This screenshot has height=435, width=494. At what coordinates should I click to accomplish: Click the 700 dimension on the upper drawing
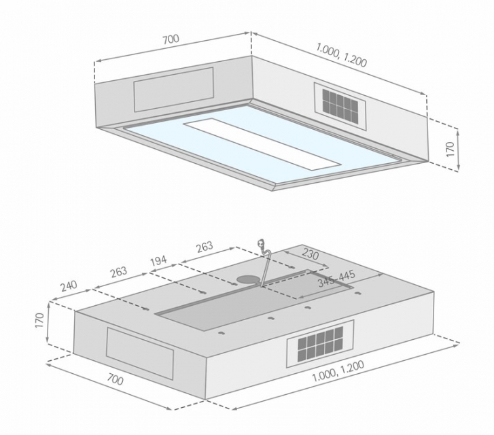coord(171,39)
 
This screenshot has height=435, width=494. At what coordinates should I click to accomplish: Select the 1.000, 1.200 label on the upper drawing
coord(342,55)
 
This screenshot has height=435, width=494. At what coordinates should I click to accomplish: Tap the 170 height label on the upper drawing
coord(451,149)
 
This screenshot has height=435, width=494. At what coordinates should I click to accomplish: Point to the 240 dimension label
coord(69,286)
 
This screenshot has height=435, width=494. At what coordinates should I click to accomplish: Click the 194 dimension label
coord(158,261)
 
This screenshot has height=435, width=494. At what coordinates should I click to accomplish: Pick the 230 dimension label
coord(311,254)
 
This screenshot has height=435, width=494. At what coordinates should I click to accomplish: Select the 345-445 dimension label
coord(336,279)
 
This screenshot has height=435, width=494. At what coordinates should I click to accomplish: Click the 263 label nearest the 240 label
coord(119,272)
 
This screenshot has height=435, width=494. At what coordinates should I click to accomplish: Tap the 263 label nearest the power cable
coord(205,247)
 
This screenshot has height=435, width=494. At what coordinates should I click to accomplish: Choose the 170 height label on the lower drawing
coord(39,320)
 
